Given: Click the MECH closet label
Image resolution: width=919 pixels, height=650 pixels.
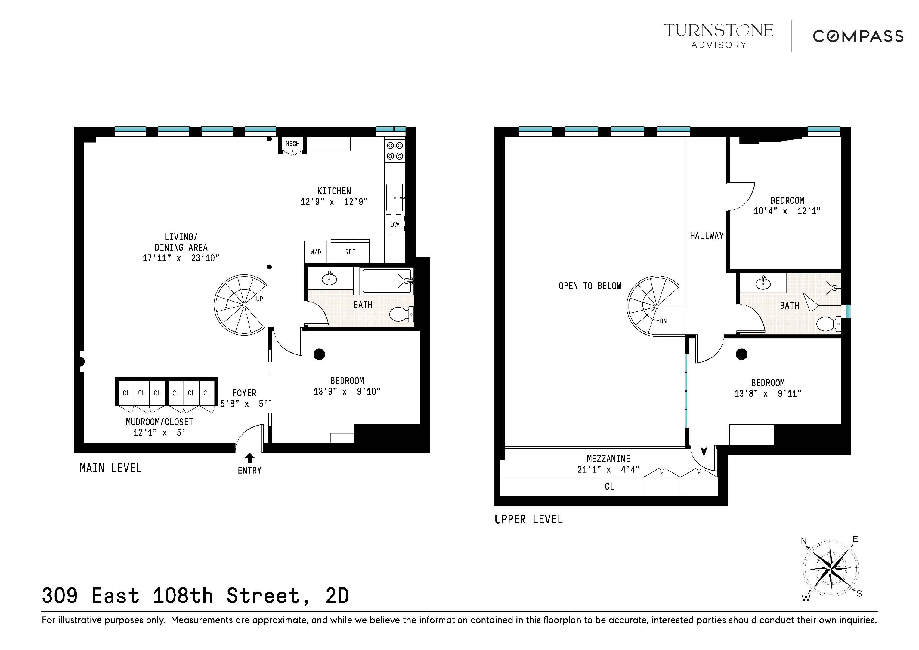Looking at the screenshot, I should click(292, 144).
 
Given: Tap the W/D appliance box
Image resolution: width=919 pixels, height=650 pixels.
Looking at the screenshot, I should click(315, 252).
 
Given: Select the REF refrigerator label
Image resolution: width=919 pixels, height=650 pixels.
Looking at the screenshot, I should click(350, 252).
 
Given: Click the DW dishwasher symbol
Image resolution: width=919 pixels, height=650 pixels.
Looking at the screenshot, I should click(395, 224).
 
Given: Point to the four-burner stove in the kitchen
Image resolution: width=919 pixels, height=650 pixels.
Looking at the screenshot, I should click(395, 151).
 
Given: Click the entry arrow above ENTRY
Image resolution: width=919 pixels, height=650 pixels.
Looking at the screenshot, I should click(249, 457).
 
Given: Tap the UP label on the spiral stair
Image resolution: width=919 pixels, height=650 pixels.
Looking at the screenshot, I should click(259, 299).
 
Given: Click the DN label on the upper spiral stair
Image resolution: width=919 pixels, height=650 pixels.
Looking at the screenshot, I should click(663, 321).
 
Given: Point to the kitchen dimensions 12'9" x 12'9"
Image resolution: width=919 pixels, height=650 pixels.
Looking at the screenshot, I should click(334, 202).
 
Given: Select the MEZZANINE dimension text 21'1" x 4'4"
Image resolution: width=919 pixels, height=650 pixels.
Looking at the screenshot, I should click(608, 469).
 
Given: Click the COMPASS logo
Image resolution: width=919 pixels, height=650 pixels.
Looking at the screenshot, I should click(858, 36).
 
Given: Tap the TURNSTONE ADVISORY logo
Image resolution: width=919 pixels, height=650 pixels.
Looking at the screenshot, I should click(719, 35).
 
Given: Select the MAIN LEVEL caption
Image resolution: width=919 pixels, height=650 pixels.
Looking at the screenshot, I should click(110, 468).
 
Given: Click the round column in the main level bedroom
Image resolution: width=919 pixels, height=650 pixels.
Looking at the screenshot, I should click(319, 354).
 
